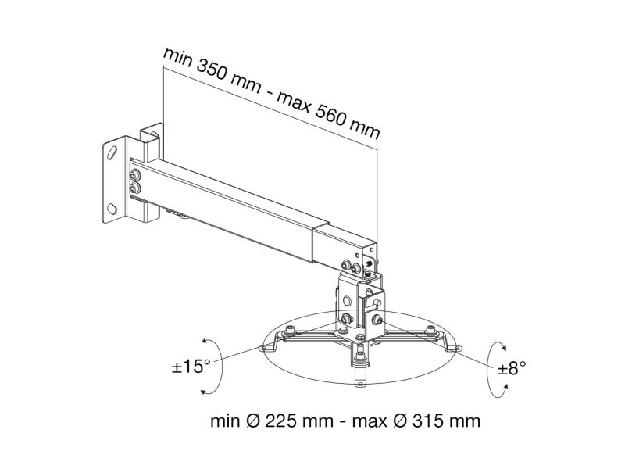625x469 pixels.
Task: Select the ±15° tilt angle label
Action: [x=191, y=367]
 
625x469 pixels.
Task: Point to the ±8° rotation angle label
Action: [x=512, y=368]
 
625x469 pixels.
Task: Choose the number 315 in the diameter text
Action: [x=428, y=421]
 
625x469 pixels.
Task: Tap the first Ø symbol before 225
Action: [x=253, y=421]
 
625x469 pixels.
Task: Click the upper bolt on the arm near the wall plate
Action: [x=135, y=174]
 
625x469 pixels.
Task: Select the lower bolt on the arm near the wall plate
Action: [x=135, y=188]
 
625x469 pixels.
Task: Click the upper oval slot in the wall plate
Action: [x=112, y=152]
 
